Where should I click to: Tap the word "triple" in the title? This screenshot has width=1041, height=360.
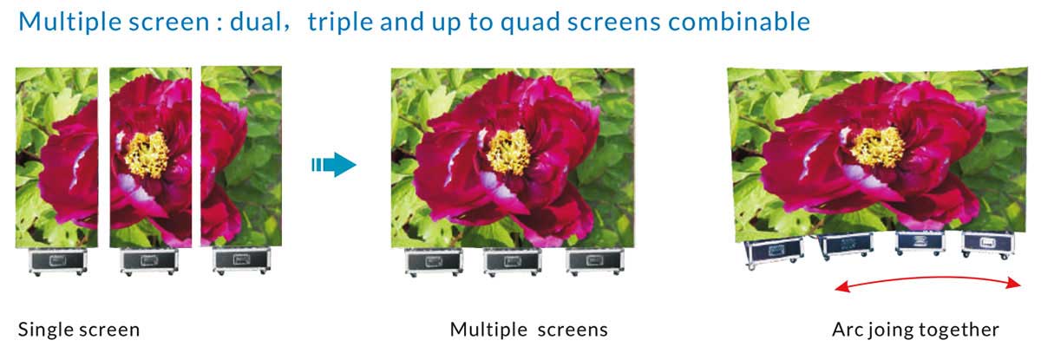(x=340, y=23)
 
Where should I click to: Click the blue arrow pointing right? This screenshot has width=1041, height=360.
(x=334, y=165)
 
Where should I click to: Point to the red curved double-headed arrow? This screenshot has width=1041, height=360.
(x=927, y=278)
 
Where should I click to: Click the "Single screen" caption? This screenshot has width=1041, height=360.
(x=79, y=330)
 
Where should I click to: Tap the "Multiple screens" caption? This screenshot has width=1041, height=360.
(x=529, y=330)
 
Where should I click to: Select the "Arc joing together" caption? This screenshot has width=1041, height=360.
(x=915, y=330)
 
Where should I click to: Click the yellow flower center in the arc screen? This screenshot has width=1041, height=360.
(x=878, y=147)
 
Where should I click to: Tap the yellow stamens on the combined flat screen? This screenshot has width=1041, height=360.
(x=509, y=151)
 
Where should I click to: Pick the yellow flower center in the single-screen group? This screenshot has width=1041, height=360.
(x=147, y=154)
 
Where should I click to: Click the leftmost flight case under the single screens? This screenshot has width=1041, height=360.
(x=57, y=262)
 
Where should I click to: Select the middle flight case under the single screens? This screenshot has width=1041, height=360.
(x=148, y=262)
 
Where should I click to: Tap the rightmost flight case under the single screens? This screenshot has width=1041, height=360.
(x=241, y=261)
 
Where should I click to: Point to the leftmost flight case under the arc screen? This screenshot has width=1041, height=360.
(x=774, y=253)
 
